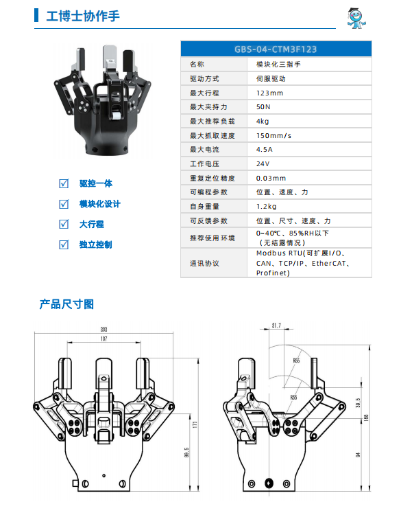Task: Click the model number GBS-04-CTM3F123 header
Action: [276, 49]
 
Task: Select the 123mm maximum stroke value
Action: [269, 93]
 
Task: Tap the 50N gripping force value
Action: [263, 107]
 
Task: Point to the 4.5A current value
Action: [265, 150]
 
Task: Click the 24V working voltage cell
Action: [263, 163]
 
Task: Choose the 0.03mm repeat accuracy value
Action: [271, 178]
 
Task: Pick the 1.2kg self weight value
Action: [266, 206]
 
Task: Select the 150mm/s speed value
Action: [274, 135]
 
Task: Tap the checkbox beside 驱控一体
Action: [64, 183]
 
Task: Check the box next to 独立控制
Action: [64, 244]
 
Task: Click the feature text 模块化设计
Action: [100, 204]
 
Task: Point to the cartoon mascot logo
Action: [356, 18]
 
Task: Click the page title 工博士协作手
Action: [83, 16]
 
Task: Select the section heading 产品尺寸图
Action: [66, 304]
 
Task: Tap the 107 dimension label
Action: [104, 339]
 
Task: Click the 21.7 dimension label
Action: [276, 325]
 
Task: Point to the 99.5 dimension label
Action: [186, 453]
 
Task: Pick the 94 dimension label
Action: [358, 455]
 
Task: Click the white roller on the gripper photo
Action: [116, 116]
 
